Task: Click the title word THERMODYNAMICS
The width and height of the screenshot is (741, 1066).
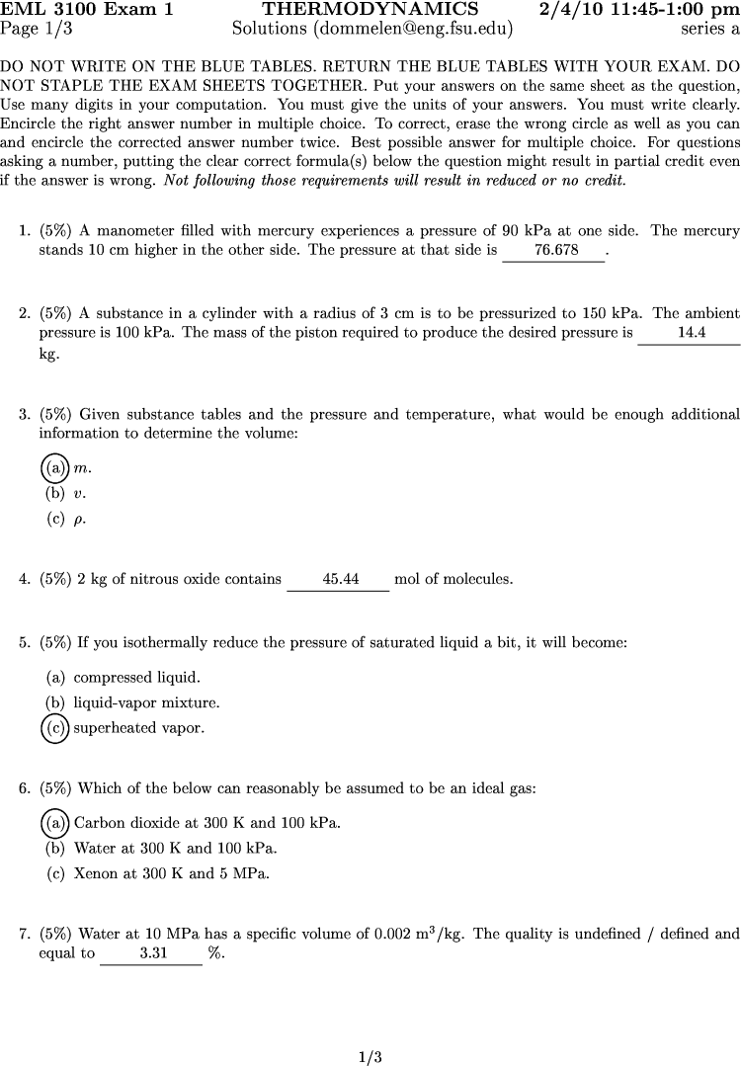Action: pos(370,10)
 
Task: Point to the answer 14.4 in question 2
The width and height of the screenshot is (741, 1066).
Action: pos(691,333)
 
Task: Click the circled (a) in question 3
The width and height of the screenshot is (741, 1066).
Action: pos(54,467)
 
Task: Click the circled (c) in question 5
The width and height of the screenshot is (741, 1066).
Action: pos(54,729)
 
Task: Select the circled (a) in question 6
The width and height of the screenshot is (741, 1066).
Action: pos(54,822)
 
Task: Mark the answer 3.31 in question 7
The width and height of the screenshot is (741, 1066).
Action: pos(152,954)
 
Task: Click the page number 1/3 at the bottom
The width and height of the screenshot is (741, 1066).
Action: pos(370,1057)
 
